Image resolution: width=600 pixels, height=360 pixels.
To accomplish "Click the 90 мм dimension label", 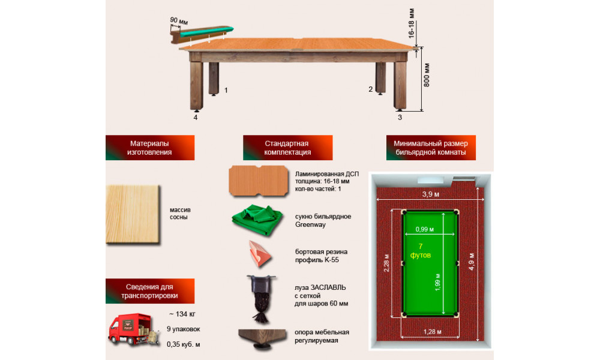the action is (x=179, y=20).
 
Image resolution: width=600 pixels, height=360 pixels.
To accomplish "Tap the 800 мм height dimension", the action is (x=427, y=75).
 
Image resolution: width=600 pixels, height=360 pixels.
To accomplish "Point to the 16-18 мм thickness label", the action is (x=412, y=24).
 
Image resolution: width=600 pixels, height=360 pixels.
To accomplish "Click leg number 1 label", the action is (x=226, y=90).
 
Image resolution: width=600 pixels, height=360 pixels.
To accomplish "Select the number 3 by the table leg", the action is (x=400, y=118).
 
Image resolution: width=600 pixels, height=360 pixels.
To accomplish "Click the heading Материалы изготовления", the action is (x=150, y=148).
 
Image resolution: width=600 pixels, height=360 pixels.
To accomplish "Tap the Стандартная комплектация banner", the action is (x=287, y=148).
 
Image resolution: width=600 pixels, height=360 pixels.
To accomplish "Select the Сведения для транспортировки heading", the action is (x=150, y=291).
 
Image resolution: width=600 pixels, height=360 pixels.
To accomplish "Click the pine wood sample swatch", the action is (x=133, y=214).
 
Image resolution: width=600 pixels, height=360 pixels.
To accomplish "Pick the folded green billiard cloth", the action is (x=257, y=220).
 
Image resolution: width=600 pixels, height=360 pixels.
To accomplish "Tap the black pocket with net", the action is (x=262, y=299).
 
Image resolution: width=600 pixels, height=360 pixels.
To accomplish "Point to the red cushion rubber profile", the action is (x=260, y=254).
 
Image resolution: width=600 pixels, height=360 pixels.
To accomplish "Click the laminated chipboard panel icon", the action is (x=259, y=181).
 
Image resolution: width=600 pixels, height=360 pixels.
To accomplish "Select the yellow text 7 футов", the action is (x=421, y=251).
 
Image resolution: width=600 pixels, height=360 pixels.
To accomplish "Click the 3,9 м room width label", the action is (x=430, y=194).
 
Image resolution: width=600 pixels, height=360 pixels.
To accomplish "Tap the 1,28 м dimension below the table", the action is (x=433, y=332).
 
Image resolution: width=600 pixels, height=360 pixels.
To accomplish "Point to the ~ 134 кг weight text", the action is (x=182, y=314).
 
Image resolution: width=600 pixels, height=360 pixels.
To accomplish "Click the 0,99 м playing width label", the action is (x=425, y=229).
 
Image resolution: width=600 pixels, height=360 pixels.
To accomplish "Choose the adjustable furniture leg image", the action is (x=262, y=338).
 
